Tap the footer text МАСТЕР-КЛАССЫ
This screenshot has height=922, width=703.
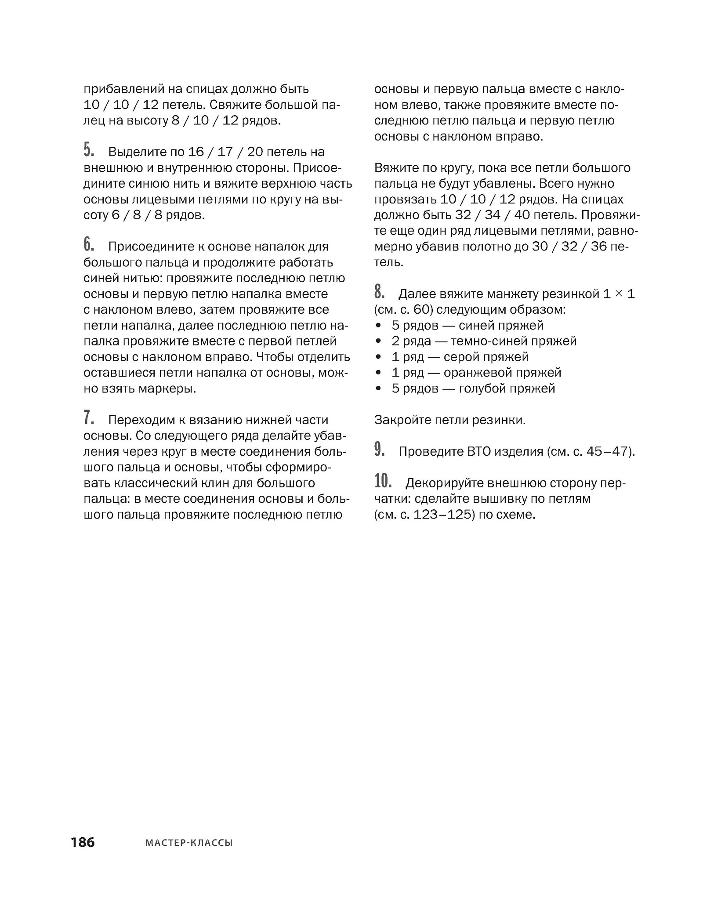click(x=188, y=843)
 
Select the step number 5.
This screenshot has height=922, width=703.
click(x=88, y=150)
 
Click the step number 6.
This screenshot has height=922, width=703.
click(x=89, y=245)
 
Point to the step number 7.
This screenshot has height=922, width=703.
click(x=89, y=418)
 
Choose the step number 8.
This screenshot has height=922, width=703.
click(x=380, y=292)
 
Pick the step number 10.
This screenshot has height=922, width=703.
click(x=383, y=482)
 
